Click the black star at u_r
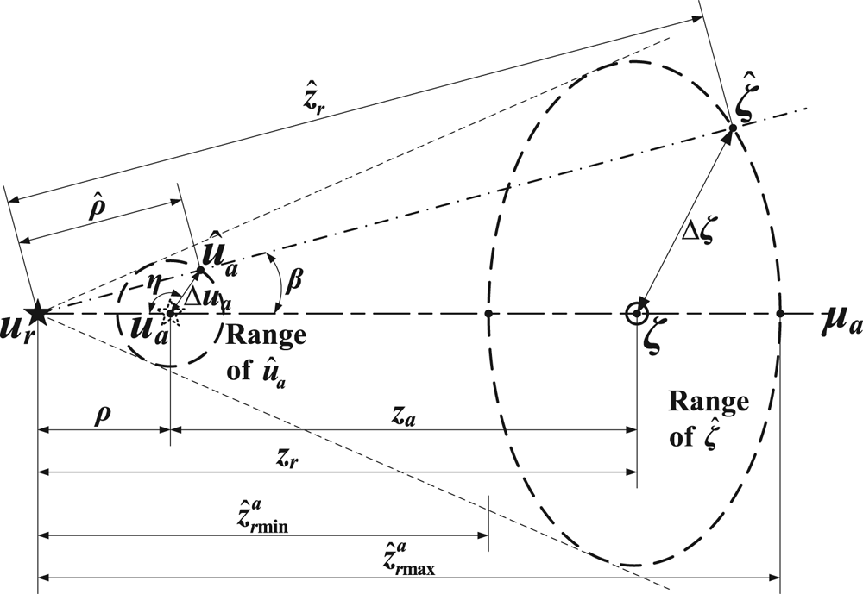pyautogui.click(x=36, y=312)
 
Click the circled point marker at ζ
pyautogui.click(x=637, y=313)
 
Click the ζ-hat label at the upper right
pyautogui.click(x=746, y=106)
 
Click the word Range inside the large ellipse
pyautogui.click(x=709, y=403)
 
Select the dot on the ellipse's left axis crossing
pyautogui.click(x=489, y=313)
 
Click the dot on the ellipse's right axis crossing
pyautogui.click(x=780, y=313)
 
